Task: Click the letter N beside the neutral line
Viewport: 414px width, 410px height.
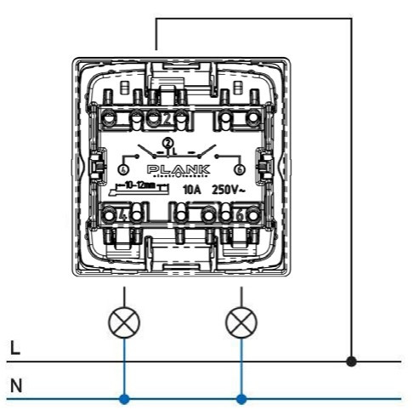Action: click(x=14, y=386)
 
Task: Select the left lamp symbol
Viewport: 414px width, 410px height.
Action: click(x=126, y=322)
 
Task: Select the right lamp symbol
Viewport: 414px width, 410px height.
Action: click(x=241, y=322)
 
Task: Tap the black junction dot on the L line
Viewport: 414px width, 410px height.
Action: click(x=352, y=362)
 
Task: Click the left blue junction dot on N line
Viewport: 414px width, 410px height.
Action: click(x=126, y=398)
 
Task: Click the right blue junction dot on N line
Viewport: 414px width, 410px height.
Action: click(x=241, y=398)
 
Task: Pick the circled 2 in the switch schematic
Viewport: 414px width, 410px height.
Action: click(x=167, y=142)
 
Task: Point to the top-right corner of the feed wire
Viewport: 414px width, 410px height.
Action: click(x=352, y=19)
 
